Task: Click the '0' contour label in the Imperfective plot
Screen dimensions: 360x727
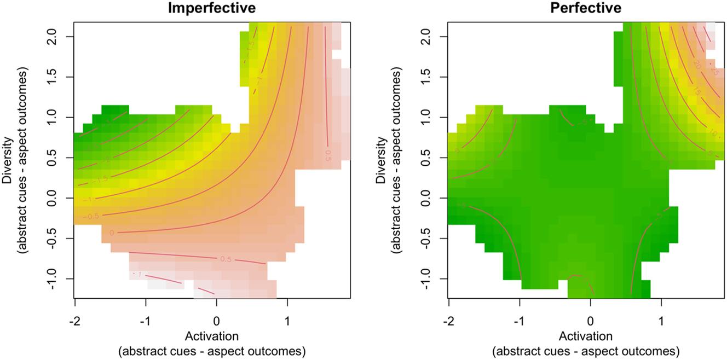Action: (x=112, y=233)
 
